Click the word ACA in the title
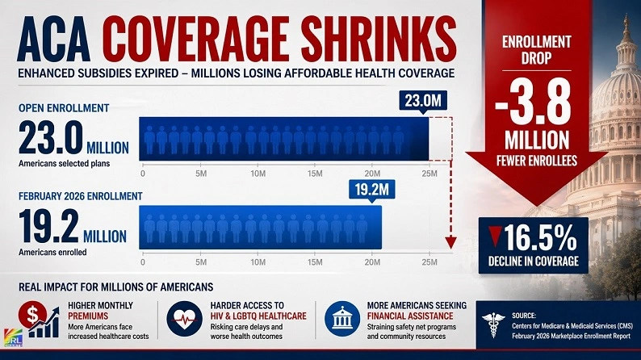(53, 39)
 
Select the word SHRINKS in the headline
(380, 39)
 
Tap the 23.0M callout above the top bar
(423, 101)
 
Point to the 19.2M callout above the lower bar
(371, 190)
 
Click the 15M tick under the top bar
(315, 174)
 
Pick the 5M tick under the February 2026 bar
(201, 262)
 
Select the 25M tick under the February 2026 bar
(429, 262)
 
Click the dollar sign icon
(33, 315)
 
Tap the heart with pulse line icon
(184, 319)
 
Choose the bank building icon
(342, 319)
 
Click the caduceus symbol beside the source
(493, 324)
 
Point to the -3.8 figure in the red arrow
(533, 102)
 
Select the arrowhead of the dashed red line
(450, 243)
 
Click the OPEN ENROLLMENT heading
(64, 108)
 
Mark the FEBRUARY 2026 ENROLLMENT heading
(81, 196)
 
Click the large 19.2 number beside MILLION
(48, 226)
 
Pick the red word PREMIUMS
(88, 316)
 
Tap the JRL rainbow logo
(13, 337)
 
